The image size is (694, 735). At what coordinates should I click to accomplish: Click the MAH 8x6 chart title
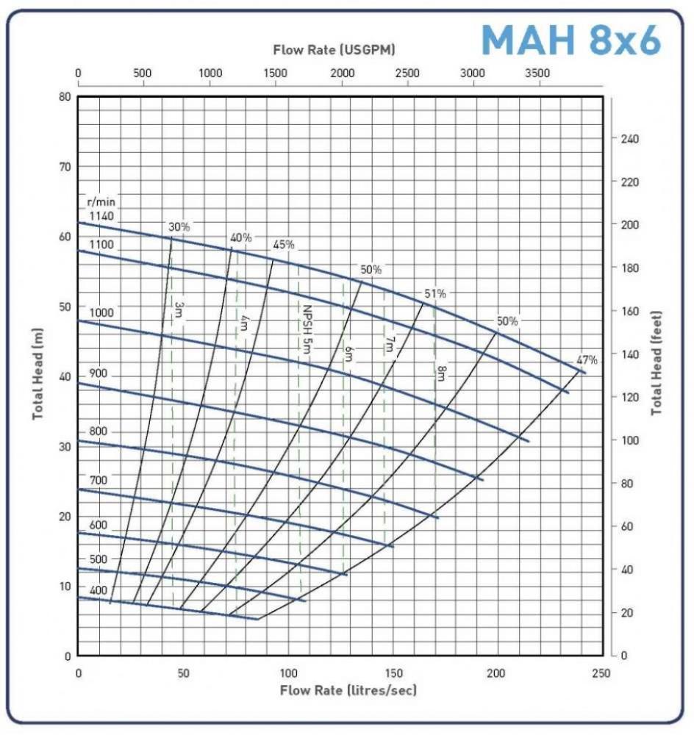pos(570,40)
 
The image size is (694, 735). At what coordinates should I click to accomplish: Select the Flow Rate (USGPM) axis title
pos(335,50)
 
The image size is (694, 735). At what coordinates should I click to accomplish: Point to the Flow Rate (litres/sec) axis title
pos(348,691)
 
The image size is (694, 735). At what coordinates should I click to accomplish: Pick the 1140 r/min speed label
pos(102,216)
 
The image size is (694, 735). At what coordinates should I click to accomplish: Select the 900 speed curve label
pos(99,374)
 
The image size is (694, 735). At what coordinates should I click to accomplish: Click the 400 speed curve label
pos(99,590)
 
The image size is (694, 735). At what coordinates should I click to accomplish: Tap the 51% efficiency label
pos(434,294)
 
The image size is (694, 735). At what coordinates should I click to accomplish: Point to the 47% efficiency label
pos(587,360)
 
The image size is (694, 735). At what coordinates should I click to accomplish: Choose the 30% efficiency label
pos(179,227)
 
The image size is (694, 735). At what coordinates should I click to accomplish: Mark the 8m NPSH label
pos(441,373)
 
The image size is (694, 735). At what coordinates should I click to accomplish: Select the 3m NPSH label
pos(179,309)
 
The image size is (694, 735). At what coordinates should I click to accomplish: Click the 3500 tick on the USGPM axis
pos(539,73)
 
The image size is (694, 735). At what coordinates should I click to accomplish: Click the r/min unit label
pos(102,202)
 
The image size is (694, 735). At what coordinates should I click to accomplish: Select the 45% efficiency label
pos(284,245)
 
